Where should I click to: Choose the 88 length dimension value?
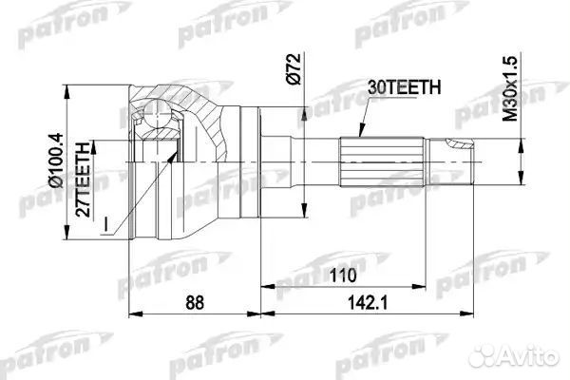pyautogui.click(x=195, y=304)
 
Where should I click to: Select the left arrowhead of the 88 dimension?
pyautogui.click(x=132, y=313)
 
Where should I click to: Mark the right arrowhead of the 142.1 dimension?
pyautogui.click(x=474, y=313)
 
